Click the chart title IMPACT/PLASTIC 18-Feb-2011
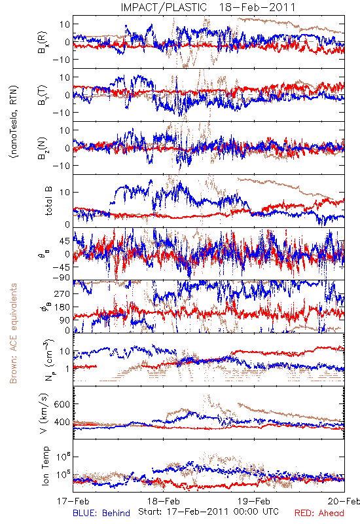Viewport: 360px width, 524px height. [208, 7]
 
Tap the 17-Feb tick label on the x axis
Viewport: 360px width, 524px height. [73, 501]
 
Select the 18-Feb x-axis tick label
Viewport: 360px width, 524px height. [164, 501]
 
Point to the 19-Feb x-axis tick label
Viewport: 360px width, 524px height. [254, 501]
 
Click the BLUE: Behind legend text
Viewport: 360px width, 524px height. [101, 513]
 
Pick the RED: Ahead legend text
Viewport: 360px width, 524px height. [319, 513]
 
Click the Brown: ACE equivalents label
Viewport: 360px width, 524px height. [13, 333]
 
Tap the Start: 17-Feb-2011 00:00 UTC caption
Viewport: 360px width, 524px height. [208, 512]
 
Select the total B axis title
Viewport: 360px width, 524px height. [48, 201]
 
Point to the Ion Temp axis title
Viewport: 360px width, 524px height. [45, 466]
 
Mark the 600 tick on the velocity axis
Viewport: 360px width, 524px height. [62, 404]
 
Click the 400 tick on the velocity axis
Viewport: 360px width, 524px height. [62, 422]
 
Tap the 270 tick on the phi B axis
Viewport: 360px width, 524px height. [62, 293]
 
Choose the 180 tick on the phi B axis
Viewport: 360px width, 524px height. [62, 307]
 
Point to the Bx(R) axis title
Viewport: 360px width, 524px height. [43, 43]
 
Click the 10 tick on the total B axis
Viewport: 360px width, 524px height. [65, 193]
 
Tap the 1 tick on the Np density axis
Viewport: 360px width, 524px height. [68, 369]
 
